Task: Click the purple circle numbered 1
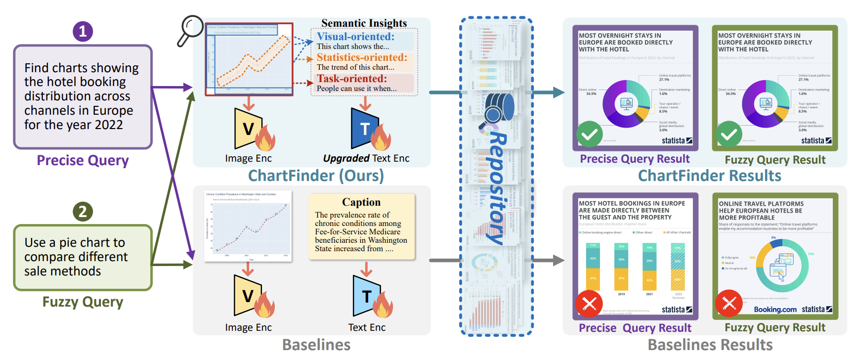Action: (83, 31)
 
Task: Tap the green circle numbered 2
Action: (83, 212)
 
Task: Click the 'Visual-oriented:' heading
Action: (355, 37)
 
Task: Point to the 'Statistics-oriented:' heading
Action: (362, 57)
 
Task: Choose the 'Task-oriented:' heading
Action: (352, 79)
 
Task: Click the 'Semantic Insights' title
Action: (364, 23)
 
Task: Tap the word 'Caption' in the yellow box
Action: (361, 202)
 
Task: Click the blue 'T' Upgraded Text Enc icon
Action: (365, 129)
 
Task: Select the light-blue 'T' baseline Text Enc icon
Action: (367, 296)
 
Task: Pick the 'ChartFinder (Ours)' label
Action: (316, 176)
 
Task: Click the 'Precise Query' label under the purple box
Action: (83, 160)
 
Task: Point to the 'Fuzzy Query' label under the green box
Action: (83, 302)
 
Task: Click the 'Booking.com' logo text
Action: (775, 310)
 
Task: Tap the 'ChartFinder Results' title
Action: (709, 176)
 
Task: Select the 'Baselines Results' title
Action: (710, 345)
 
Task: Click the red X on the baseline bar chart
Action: (589, 304)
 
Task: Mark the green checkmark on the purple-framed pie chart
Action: (589, 134)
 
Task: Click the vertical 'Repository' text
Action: (497, 188)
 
